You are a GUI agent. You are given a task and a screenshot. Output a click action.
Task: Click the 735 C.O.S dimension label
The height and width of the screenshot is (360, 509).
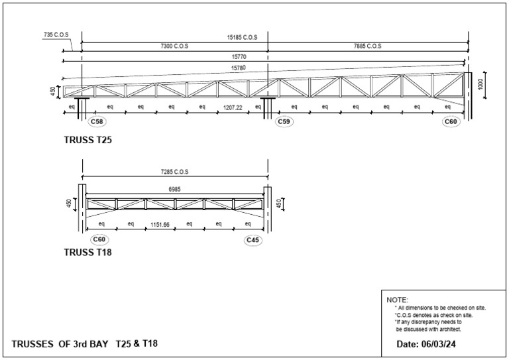(56, 34)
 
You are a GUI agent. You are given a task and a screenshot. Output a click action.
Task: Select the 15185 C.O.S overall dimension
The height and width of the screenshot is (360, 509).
(241, 38)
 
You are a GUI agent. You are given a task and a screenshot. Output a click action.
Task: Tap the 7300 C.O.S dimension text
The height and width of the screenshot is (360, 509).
(174, 46)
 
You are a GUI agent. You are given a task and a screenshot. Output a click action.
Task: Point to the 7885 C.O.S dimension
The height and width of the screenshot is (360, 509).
(367, 46)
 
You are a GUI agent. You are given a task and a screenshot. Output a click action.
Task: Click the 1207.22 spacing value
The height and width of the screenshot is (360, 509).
(232, 107)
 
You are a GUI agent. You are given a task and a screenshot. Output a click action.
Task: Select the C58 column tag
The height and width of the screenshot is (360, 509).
(98, 121)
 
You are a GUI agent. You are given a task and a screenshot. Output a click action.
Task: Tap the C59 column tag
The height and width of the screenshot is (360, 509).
(284, 121)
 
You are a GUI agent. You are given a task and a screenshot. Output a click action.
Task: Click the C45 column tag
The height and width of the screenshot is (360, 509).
(253, 239)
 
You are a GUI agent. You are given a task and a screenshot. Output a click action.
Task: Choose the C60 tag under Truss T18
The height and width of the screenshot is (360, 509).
(99, 239)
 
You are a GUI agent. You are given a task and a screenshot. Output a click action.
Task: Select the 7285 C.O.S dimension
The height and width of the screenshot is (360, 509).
(174, 172)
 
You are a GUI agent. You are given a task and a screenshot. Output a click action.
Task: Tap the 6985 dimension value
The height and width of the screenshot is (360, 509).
(174, 188)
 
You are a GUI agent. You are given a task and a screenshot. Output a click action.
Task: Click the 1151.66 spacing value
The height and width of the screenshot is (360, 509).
(160, 225)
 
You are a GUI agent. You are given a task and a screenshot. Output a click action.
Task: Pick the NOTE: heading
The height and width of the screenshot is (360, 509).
(398, 300)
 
